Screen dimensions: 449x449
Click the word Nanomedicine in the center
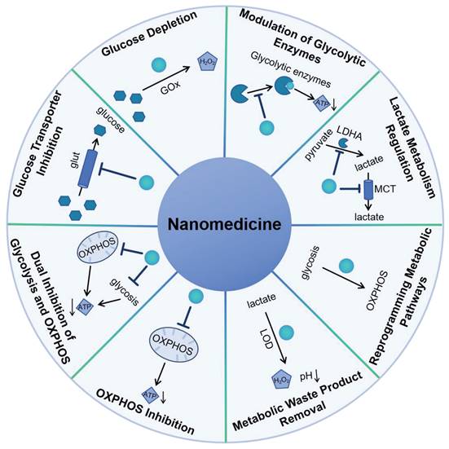pos(224,224)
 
